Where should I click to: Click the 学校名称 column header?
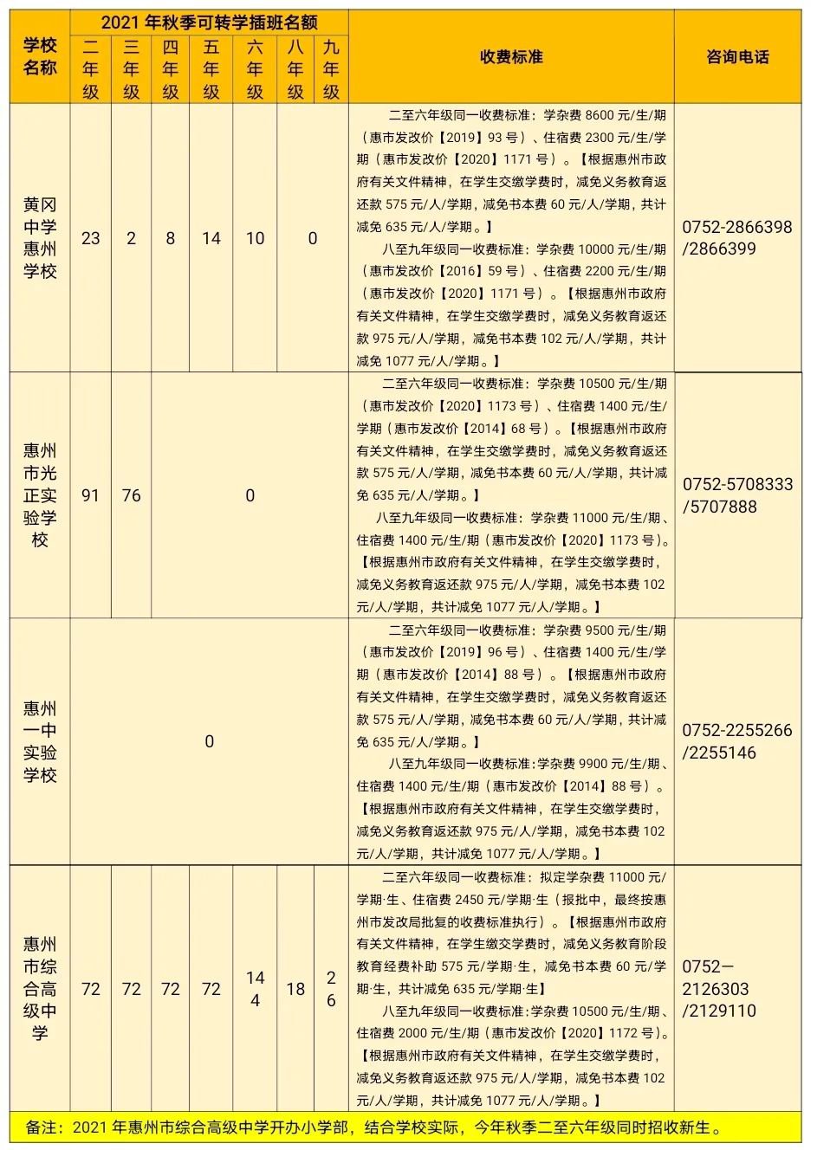(x=40, y=57)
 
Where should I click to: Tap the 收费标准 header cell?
(x=511, y=57)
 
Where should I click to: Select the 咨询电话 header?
(x=737, y=57)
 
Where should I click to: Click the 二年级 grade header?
(x=91, y=69)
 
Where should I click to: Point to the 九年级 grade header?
(x=331, y=69)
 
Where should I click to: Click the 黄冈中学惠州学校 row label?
(x=40, y=238)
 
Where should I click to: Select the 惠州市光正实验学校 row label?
(x=40, y=495)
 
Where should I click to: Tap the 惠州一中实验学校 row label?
(x=40, y=741)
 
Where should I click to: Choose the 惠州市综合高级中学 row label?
(x=40, y=988)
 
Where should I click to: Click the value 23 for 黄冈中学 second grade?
(x=91, y=238)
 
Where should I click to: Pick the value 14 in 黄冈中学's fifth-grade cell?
(x=211, y=238)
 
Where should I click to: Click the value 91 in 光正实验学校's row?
(x=91, y=495)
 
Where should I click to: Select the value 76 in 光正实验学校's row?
(x=131, y=495)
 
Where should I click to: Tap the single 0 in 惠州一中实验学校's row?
(x=209, y=741)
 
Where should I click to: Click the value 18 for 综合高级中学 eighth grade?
(x=295, y=988)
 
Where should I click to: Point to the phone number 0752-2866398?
(x=736, y=227)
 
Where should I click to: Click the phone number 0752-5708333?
(x=736, y=484)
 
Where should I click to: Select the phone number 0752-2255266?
(x=736, y=730)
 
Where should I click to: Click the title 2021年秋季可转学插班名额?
(x=209, y=23)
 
